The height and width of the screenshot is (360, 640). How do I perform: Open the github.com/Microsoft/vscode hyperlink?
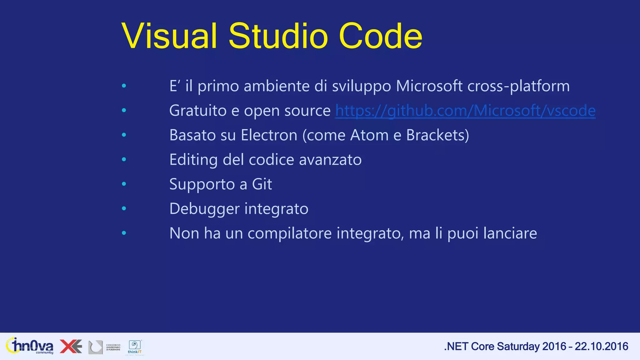tap(465, 111)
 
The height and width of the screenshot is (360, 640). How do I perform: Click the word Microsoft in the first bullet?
tap(429, 86)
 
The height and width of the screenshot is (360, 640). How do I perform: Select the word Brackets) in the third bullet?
tap(437, 135)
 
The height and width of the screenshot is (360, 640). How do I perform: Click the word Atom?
tap(369, 135)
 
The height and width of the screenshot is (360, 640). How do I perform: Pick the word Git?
tap(262, 184)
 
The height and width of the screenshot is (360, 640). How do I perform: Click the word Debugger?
tap(204, 209)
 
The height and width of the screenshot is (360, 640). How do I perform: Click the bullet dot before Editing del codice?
tap(124, 159)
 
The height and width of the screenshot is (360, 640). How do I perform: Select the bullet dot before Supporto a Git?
tap(124, 184)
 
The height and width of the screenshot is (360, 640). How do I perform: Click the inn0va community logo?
tap(30, 346)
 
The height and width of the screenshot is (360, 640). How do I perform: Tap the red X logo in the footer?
tap(71, 346)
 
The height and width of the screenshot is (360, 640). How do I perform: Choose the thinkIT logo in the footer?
tap(135, 347)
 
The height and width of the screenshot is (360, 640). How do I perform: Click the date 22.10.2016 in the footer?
tap(601, 346)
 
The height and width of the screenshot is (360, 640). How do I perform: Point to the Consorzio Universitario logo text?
tap(113, 347)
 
